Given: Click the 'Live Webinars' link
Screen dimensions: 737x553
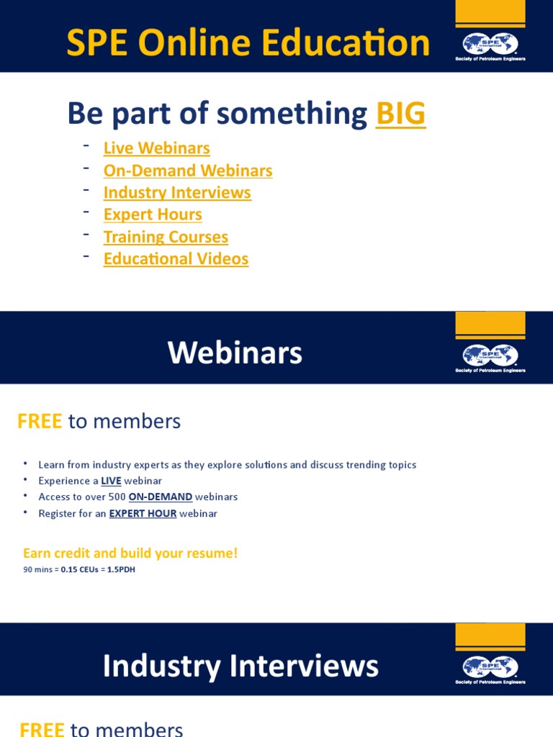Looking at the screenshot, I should (x=156, y=148).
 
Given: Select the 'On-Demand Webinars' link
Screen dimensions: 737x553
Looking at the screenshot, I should (x=188, y=171).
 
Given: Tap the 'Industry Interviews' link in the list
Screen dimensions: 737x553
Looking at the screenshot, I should (x=177, y=193).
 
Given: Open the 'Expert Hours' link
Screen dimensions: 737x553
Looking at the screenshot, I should (x=153, y=214).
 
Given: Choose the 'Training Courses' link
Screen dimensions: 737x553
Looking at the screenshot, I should (x=166, y=237).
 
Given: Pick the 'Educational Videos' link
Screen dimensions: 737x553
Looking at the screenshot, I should (x=176, y=259).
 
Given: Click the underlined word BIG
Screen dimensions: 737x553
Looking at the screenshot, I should (x=400, y=114).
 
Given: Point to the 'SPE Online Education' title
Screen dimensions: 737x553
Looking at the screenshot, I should (x=248, y=43).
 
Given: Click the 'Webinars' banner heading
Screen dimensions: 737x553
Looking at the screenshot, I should (x=235, y=353).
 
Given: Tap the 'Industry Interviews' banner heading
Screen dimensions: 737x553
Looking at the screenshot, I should (x=240, y=666).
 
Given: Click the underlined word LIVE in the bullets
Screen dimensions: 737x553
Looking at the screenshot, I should (x=111, y=481).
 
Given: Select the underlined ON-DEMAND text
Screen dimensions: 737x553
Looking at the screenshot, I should (x=161, y=497).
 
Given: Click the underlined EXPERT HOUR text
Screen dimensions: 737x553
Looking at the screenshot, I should (x=143, y=513).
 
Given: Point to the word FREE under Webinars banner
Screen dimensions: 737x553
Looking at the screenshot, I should (x=40, y=422).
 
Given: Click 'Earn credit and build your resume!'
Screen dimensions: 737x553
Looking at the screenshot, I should (x=130, y=553).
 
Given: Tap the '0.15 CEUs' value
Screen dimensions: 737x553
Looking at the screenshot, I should (x=80, y=569).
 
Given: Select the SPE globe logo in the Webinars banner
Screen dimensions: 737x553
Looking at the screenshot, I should (x=490, y=355).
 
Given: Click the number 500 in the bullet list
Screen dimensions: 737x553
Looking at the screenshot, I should (x=117, y=497).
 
